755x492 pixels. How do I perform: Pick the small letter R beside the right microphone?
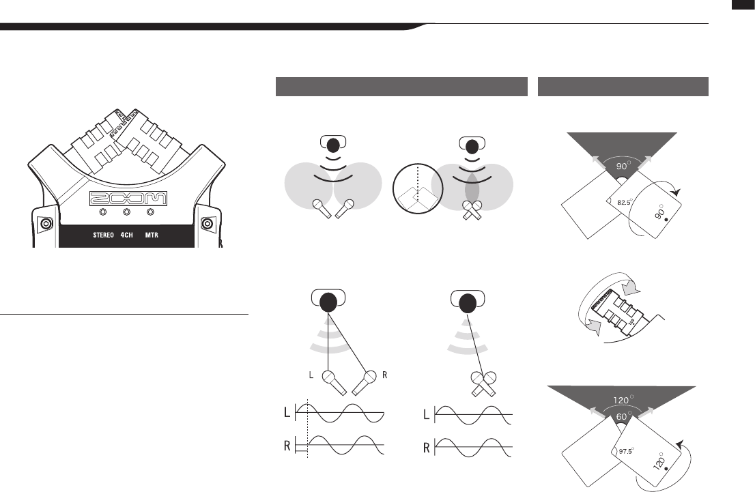pos(387,375)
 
